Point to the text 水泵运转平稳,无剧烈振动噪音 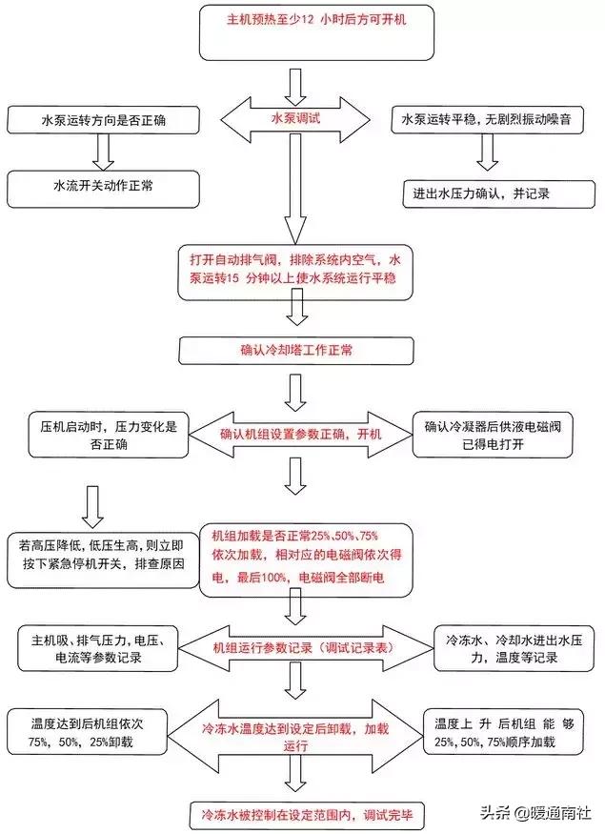tap(491, 121)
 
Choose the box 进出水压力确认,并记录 tap(491, 192)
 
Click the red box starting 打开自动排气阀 tap(295, 270)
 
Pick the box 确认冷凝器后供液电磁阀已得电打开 tap(500, 434)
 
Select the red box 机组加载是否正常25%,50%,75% tap(297, 559)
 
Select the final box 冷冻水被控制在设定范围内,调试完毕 tap(297, 815)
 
